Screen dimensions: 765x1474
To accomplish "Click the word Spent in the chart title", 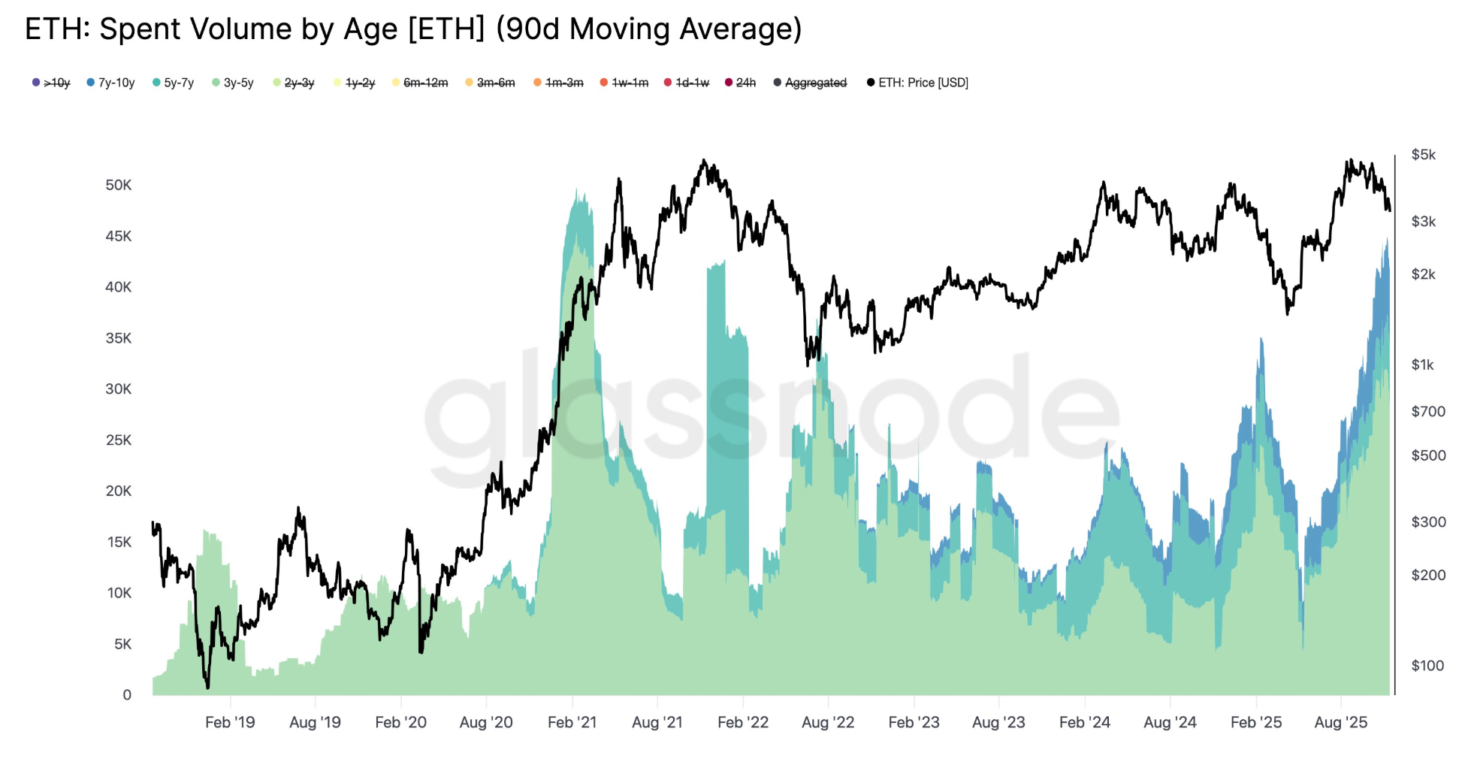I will click(142, 29).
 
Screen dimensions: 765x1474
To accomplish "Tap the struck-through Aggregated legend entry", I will click(815, 83).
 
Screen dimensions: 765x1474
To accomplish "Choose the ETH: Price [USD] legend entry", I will click(923, 83).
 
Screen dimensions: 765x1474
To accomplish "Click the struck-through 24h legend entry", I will click(745, 83).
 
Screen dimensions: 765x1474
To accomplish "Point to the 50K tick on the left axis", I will click(118, 185).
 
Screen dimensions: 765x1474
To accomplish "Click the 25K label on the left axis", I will click(118, 440).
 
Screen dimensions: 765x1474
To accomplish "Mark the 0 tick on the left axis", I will click(127, 694).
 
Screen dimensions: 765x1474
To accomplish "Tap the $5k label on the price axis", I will click(1423, 155).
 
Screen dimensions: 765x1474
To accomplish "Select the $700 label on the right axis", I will click(1427, 411).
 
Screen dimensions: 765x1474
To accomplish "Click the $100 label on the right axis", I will click(1427, 665).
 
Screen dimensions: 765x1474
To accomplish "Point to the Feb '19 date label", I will click(230, 722).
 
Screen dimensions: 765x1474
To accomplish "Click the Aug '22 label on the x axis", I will click(828, 722).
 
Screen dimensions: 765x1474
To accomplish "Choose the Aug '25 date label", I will click(1340, 722).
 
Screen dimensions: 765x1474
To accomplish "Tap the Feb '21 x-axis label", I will click(572, 722).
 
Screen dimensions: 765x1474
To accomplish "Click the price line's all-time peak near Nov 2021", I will click(704, 160).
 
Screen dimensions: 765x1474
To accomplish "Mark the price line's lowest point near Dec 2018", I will click(207, 687).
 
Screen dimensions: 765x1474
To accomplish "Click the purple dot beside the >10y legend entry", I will click(36, 83).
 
